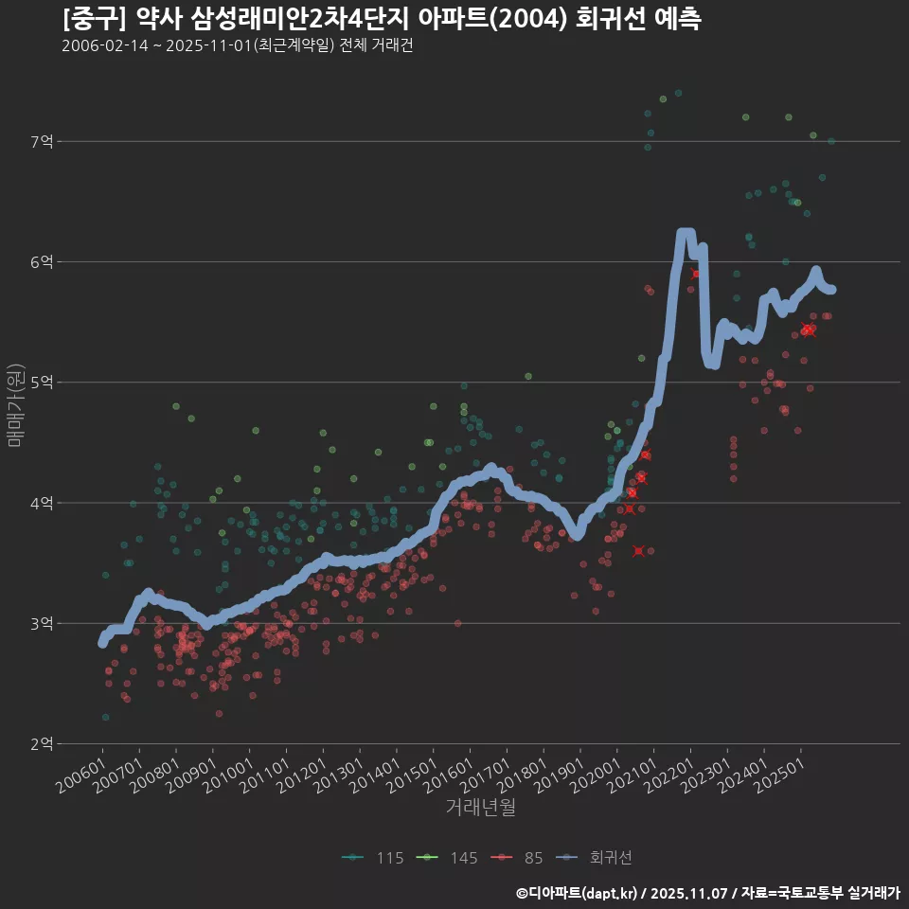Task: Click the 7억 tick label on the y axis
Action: [x=43, y=142]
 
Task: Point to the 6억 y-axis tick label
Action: [x=43, y=262]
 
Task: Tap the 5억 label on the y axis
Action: [x=43, y=383]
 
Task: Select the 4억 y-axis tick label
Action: [x=43, y=503]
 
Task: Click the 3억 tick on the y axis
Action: [x=43, y=624]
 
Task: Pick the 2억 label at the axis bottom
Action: [x=43, y=744]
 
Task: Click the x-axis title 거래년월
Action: [x=480, y=808]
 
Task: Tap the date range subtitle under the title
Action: [x=237, y=46]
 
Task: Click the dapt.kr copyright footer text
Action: [x=708, y=893]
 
